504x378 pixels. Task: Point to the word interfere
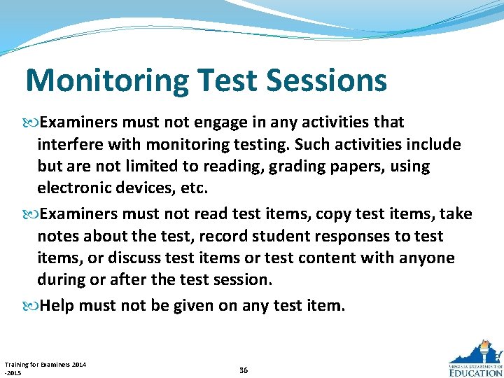click(x=69, y=145)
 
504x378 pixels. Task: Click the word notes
click(x=57, y=236)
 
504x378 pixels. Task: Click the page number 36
click(x=244, y=370)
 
